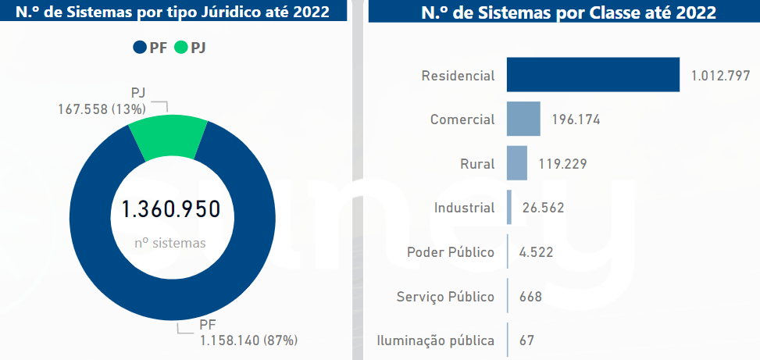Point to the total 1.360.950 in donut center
point(170,209)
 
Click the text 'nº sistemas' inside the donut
point(170,243)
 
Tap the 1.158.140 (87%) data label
point(248,340)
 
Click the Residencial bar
point(593,75)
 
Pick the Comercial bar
point(523,119)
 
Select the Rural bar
point(517,163)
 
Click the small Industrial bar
point(509,208)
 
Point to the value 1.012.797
point(720,76)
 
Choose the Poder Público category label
point(451,252)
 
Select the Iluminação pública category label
point(435,340)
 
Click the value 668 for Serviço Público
point(531,297)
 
